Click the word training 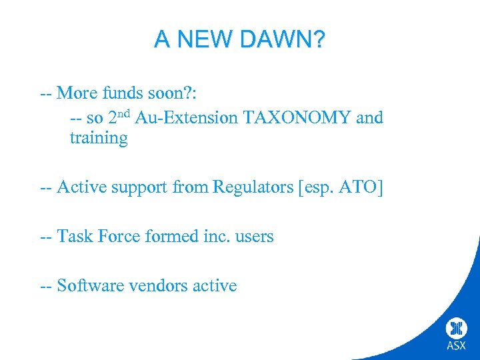(x=98, y=139)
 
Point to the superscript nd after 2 (x=125, y=113)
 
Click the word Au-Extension (x=187, y=118)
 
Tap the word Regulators (x=254, y=187)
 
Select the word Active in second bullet (x=80, y=187)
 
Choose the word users (x=253, y=236)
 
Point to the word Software (x=86, y=285)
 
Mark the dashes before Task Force (x=46, y=236)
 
